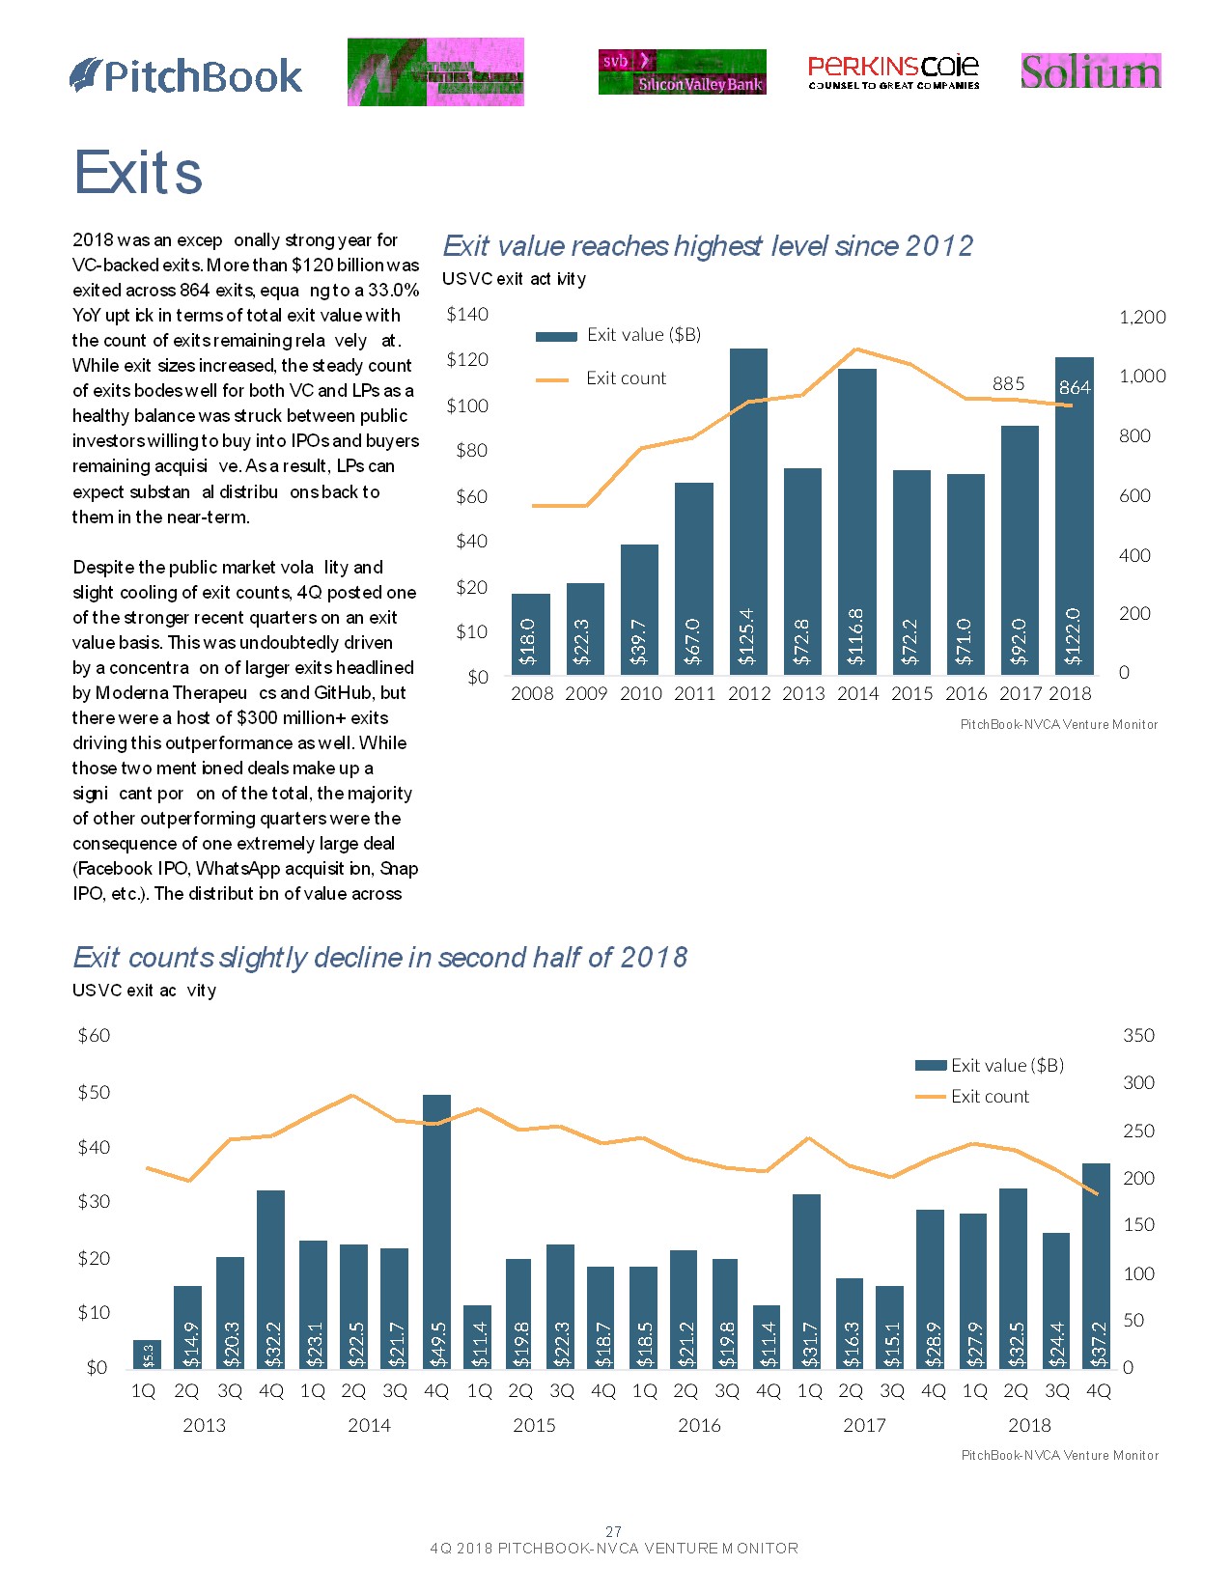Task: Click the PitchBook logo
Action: tap(186, 76)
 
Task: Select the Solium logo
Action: tap(1091, 71)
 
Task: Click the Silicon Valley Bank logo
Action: tap(682, 72)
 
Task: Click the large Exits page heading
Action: tap(138, 174)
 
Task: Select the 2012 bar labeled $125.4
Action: tap(748, 511)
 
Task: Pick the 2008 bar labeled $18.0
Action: tap(530, 633)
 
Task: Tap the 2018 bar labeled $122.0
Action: tap(1074, 516)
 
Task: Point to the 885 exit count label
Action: tap(1008, 383)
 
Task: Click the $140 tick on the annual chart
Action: tap(467, 314)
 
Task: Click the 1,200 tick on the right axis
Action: tap(1142, 317)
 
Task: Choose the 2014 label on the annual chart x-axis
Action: tap(857, 693)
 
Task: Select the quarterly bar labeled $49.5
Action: tap(436, 1231)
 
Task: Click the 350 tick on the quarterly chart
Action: tap(1138, 1035)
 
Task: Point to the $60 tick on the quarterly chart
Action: tap(94, 1035)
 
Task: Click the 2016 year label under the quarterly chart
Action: tap(699, 1425)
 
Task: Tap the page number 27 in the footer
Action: tap(613, 1531)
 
